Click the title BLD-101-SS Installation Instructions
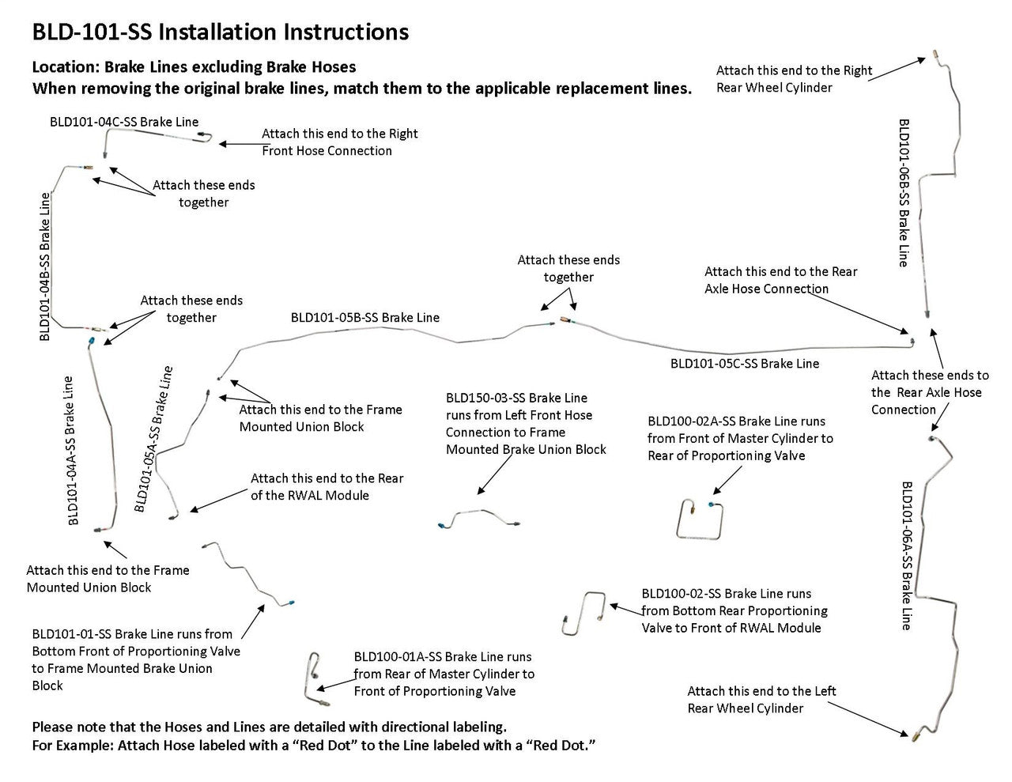[221, 32]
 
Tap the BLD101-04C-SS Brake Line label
[124, 122]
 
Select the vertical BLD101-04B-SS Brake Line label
[45, 266]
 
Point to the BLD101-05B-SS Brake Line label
[364, 317]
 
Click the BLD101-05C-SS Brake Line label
[745, 364]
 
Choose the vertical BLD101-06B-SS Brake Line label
[904, 193]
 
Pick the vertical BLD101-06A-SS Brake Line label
[907, 555]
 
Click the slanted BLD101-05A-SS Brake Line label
[153, 440]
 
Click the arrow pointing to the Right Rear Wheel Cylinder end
[897, 68]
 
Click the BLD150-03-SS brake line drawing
[478, 518]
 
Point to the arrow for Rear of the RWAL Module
[218, 500]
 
